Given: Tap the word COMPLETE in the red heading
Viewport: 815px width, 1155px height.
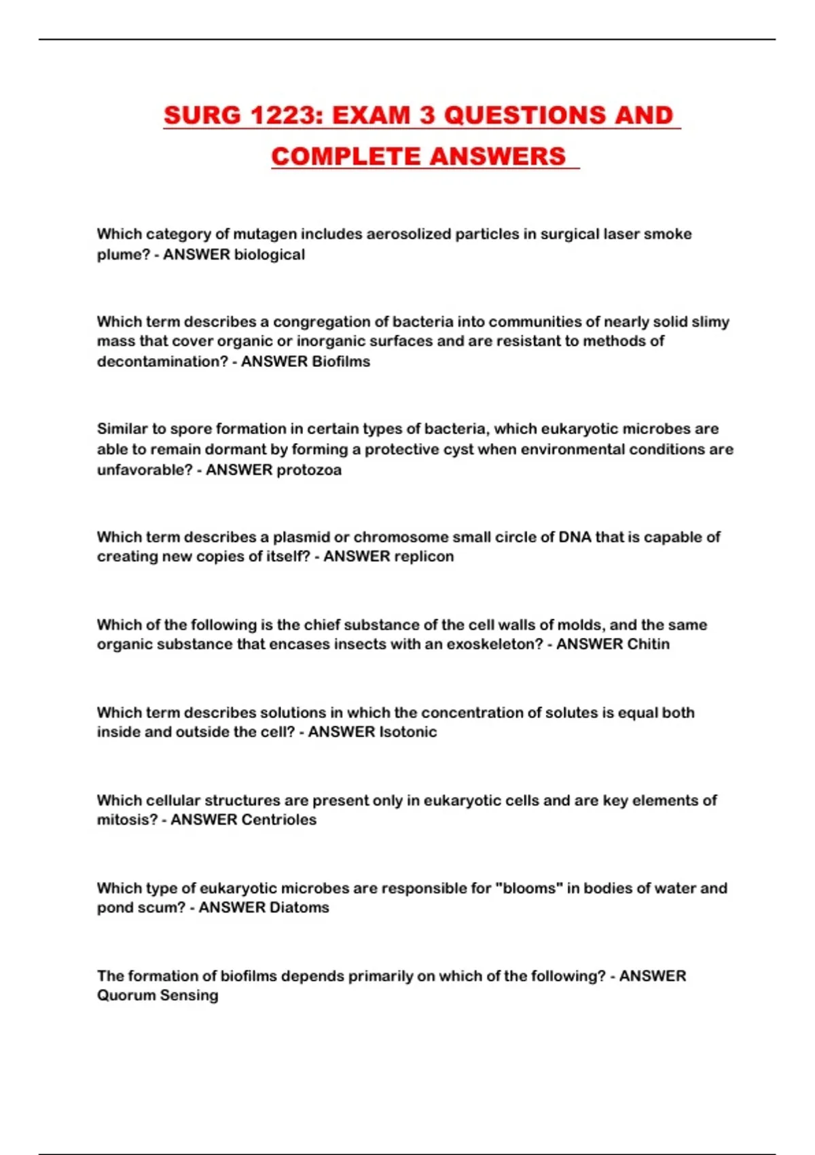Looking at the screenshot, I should [x=346, y=157].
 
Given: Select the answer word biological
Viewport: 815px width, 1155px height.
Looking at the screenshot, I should [x=269, y=255].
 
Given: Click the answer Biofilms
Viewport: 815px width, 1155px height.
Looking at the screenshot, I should [x=340, y=361].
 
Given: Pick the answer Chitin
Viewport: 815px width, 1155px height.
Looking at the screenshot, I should [x=648, y=644].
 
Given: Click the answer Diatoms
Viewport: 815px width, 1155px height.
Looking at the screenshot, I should [x=299, y=907].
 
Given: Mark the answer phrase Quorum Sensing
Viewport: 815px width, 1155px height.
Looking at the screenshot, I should [x=158, y=995].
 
